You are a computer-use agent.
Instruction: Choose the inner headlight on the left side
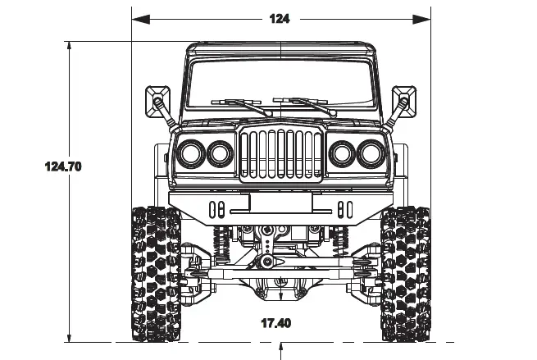pyautogui.click(x=220, y=153)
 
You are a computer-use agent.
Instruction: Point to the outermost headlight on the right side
pyautogui.click(x=369, y=153)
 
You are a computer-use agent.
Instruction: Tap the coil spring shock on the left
pyautogui.click(x=220, y=240)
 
